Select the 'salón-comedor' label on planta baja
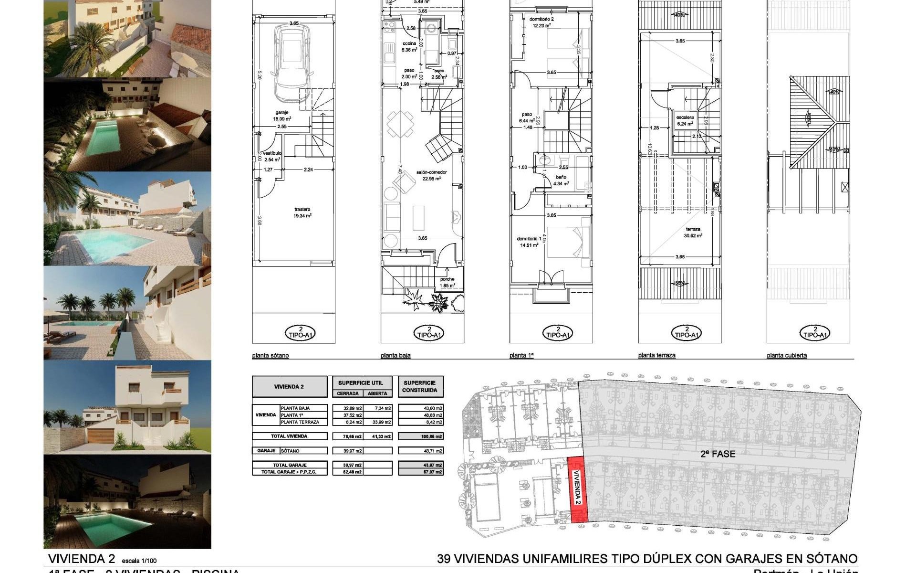click(431, 175)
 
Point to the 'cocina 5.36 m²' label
click(409, 46)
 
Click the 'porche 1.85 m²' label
click(447, 282)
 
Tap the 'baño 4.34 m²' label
click(561, 180)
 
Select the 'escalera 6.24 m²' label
click(685, 120)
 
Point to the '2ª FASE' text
click(718, 454)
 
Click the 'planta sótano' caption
click(270, 356)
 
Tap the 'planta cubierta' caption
click(786, 356)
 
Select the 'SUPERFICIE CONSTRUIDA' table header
click(420, 386)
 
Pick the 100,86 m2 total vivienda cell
click(420, 436)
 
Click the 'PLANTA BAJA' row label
click(295, 408)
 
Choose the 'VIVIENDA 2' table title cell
click(289, 387)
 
